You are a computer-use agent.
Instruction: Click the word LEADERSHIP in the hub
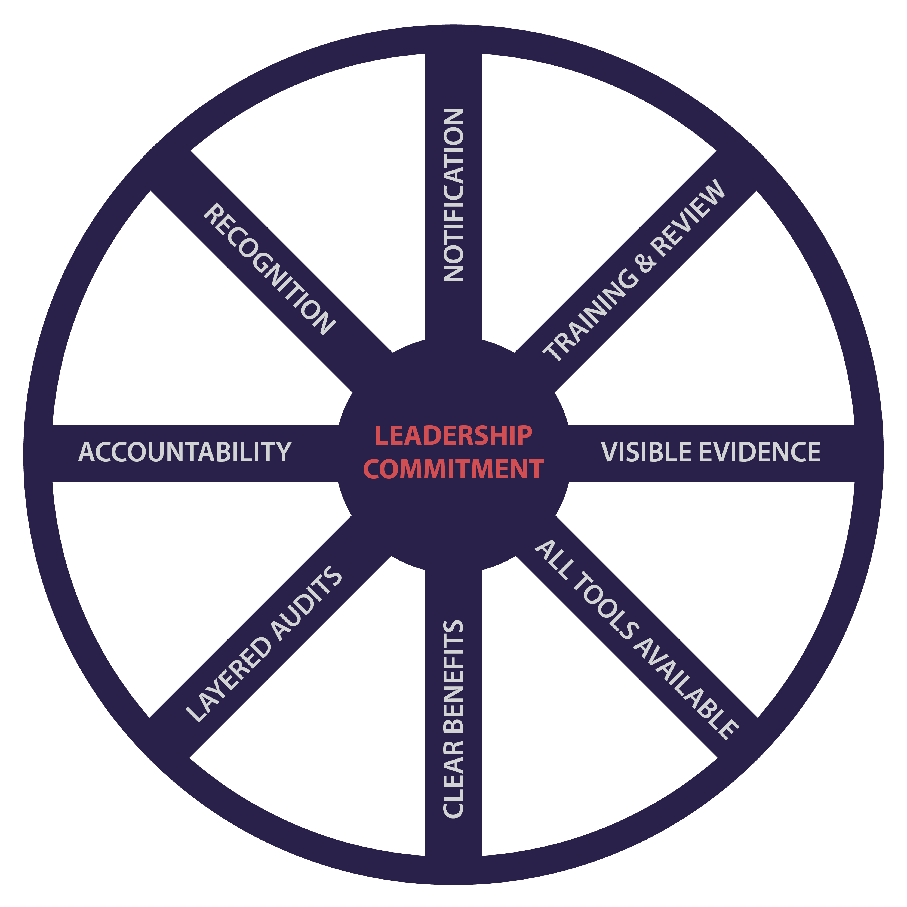click(x=453, y=436)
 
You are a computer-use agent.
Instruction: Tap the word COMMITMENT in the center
click(x=453, y=469)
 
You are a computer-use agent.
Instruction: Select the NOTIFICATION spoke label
click(x=453, y=195)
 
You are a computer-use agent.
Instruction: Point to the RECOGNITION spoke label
click(x=269, y=269)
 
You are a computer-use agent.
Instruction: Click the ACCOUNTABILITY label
click(x=185, y=452)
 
